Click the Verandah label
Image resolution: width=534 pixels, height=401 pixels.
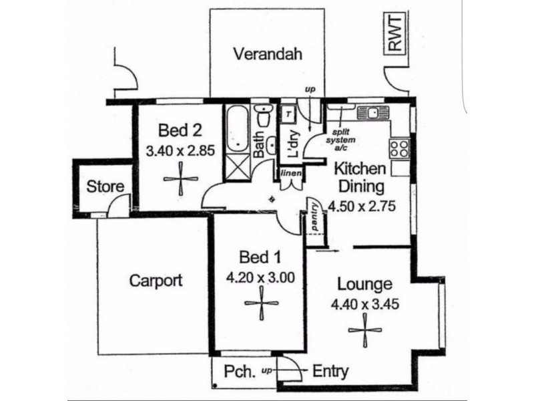click(268, 54)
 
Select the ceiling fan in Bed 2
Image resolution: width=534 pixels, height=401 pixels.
click(180, 178)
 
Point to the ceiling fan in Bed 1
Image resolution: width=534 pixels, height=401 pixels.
click(262, 303)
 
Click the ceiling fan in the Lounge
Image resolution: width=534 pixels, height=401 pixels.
click(365, 330)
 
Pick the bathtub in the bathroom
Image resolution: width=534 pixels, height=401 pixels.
click(238, 129)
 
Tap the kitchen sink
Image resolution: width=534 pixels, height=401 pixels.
click(373, 112)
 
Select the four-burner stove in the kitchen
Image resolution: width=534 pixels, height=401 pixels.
click(399, 148)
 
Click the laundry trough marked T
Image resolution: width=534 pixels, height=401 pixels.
click(288, 114)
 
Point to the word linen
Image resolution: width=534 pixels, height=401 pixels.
click(291, 173)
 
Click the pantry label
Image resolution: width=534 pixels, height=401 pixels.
click(315, 217)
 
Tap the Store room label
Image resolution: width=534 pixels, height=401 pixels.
click(105, 186)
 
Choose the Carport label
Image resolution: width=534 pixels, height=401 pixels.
click(156, 281)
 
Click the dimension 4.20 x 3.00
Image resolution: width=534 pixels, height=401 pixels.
click(260, 278)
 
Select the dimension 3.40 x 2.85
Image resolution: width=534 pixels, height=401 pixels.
click(180, 150)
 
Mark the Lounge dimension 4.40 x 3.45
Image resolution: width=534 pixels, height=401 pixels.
click(365, 304)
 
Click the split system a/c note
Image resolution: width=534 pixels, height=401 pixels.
click(340, 140)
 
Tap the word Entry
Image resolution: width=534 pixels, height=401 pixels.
click(330, 372)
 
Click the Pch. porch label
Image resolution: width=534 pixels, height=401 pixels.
click(240, 372)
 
